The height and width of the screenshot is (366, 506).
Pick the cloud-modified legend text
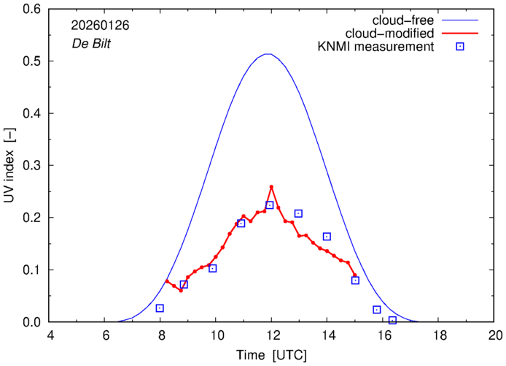(392, 34)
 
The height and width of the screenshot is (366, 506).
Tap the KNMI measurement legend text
(381, 47)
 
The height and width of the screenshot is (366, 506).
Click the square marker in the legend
(459, 47)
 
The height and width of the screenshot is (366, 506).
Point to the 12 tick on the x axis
(271, 337)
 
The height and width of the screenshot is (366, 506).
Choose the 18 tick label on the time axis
(439, 337)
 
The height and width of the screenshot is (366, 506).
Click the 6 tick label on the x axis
(104, 337)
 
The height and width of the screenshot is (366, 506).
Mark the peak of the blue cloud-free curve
(268, 54)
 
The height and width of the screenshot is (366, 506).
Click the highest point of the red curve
(271, 187)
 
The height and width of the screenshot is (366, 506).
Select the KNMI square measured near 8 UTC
(160, 308)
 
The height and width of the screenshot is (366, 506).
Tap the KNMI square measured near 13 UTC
(298, 213)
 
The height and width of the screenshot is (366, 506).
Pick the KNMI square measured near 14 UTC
(327, 237)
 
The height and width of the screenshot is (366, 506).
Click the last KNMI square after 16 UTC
(392, 320)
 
